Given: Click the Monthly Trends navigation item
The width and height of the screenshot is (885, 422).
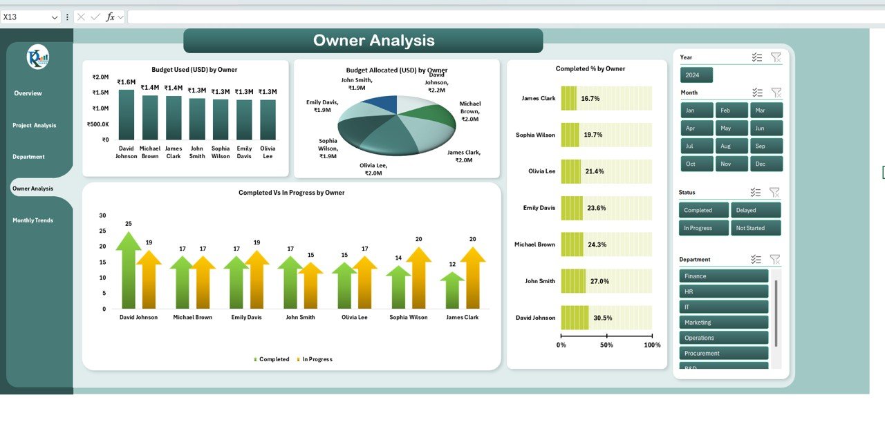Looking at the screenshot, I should [x=33, y=220].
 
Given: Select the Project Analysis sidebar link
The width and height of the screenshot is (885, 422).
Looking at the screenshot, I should [x=35, y=125].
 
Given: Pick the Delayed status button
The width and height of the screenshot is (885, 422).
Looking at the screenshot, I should [x=756, y=210].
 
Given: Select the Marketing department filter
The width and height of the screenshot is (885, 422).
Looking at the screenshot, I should [x=723, y=323].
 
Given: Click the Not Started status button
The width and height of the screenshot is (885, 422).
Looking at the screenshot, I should [x=756, y=228].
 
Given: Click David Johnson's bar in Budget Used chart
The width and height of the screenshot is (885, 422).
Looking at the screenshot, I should [x=127, y=115].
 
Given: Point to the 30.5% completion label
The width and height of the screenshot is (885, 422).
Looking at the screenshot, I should [x=603, y=318].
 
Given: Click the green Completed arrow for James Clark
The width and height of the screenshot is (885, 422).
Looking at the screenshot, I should [x=452, y=290].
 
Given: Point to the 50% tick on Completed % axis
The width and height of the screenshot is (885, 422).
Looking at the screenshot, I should [x=606, y=345].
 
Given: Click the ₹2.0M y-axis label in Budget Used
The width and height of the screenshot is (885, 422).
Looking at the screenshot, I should [x=100, y=77].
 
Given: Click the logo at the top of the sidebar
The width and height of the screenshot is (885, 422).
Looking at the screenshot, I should [x=38, y=57].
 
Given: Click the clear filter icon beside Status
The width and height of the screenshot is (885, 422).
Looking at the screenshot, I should [x=774, y=193].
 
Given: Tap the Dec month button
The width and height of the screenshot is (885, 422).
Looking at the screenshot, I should [x=766, y=164].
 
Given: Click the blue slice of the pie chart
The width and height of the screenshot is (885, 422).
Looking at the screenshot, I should [x=382, y=105].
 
